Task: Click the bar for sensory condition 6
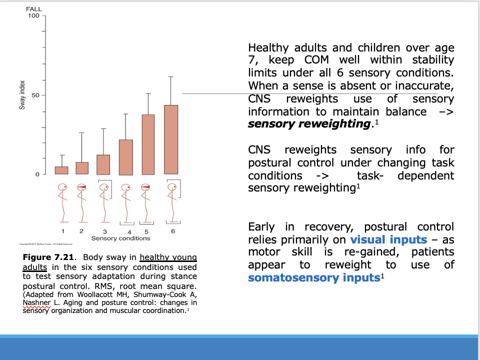171,140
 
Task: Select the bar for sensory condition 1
61,170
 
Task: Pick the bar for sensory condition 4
126,157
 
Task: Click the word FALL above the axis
34,8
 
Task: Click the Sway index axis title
22,95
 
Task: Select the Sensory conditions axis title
120,238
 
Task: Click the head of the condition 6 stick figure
171,187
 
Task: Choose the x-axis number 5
146,231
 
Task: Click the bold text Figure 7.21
48,257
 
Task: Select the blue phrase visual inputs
388,239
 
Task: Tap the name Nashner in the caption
36,303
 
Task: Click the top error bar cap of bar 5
148,93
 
